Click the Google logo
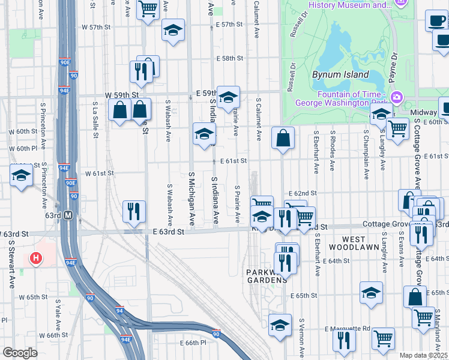click(x=20, y=353)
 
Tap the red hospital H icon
click(x=36, y=259)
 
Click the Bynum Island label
click(x=335, y=75)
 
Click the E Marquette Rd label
click(x=348, y=329)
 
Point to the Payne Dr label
click(x=394, y=64)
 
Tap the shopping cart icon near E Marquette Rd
click(x=382, y=338)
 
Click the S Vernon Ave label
click(x=302, y=339)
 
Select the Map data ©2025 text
click(x=424, y=355)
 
